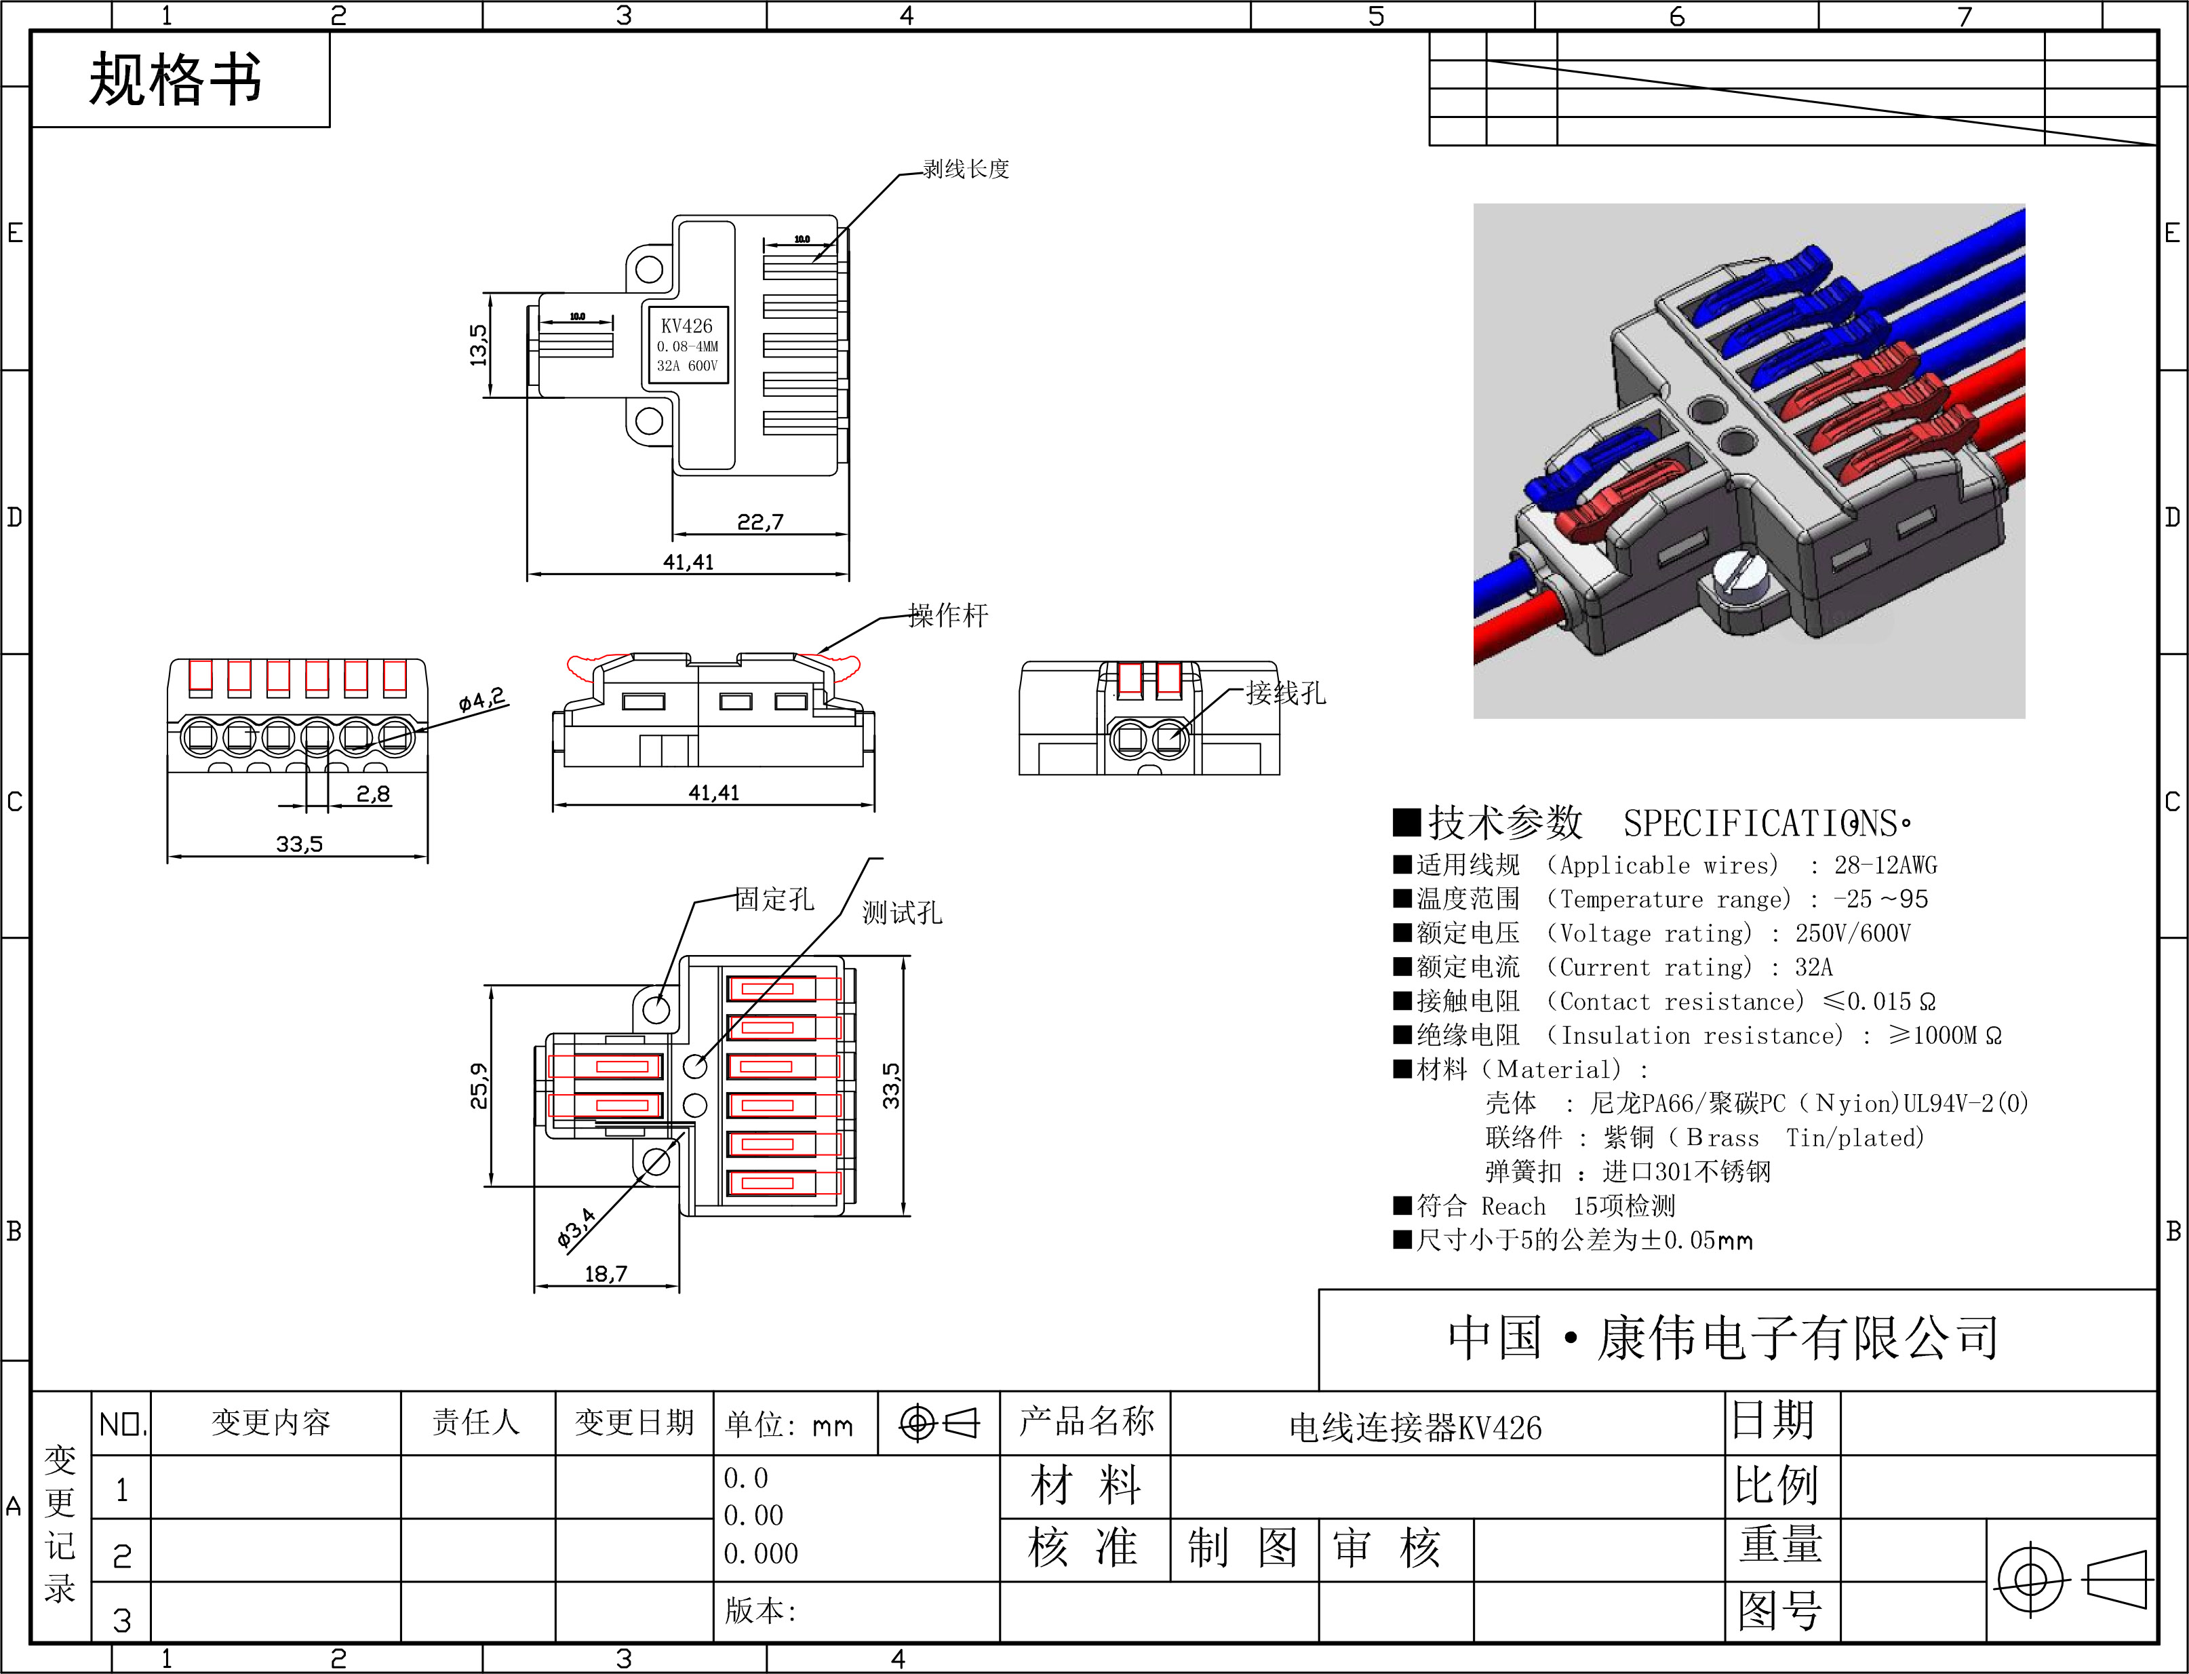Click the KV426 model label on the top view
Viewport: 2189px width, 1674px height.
tap(686, 326)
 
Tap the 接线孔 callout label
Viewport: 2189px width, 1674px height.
tap(1285, 693)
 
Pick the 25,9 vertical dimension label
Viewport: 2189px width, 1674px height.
tap(479, 1086)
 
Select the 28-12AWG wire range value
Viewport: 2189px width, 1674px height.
tap(1886, 865)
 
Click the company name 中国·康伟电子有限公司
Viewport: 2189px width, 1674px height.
tap(1724, 1337)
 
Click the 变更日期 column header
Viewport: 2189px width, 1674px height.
tap(633, 1422)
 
